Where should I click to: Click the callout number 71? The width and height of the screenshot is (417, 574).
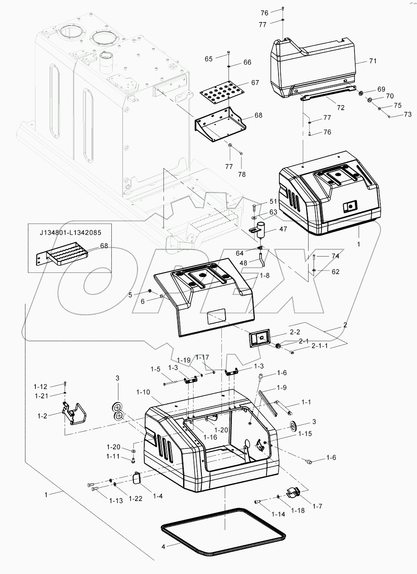coord(372,61)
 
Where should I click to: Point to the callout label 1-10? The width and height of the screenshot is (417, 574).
coord(143,393)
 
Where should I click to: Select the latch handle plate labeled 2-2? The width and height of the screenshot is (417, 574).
coord(258,337)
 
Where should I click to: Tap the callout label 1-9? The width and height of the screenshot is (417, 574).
coord(282,388)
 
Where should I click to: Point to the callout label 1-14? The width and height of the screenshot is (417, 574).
coord(278,514)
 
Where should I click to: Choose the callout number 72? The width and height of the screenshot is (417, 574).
coord(341,108)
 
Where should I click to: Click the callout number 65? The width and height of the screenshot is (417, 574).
coord(208,59)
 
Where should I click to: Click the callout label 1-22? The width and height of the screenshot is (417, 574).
coord(136,498)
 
